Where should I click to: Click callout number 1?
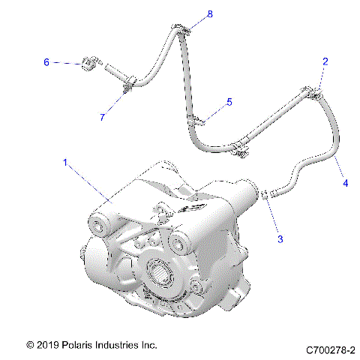tap(66, 161)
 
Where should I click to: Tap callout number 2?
tap(325, 61)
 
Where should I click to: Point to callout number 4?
tap(345, 182)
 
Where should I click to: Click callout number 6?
tap(46, 63)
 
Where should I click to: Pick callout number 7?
tap(103, 117)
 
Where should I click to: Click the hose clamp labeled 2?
tap(314, 94)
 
